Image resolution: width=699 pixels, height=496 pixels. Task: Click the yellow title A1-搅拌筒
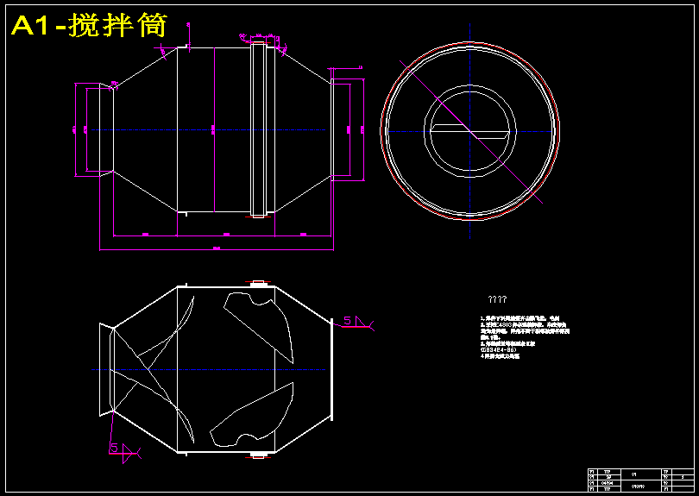click(89, 26)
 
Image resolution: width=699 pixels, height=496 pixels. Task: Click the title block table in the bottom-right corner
click(639, 480)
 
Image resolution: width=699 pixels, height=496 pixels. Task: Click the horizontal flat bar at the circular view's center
click(469, 130)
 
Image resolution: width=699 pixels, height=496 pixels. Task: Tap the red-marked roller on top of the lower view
click(256, 283)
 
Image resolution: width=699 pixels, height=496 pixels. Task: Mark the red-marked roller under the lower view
click(256, 455)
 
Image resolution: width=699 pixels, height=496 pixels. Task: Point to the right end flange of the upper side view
click(342, 129)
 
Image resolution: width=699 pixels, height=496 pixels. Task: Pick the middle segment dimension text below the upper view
click(226, 234)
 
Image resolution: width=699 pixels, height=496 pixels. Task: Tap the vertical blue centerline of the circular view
click(470, 52)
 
